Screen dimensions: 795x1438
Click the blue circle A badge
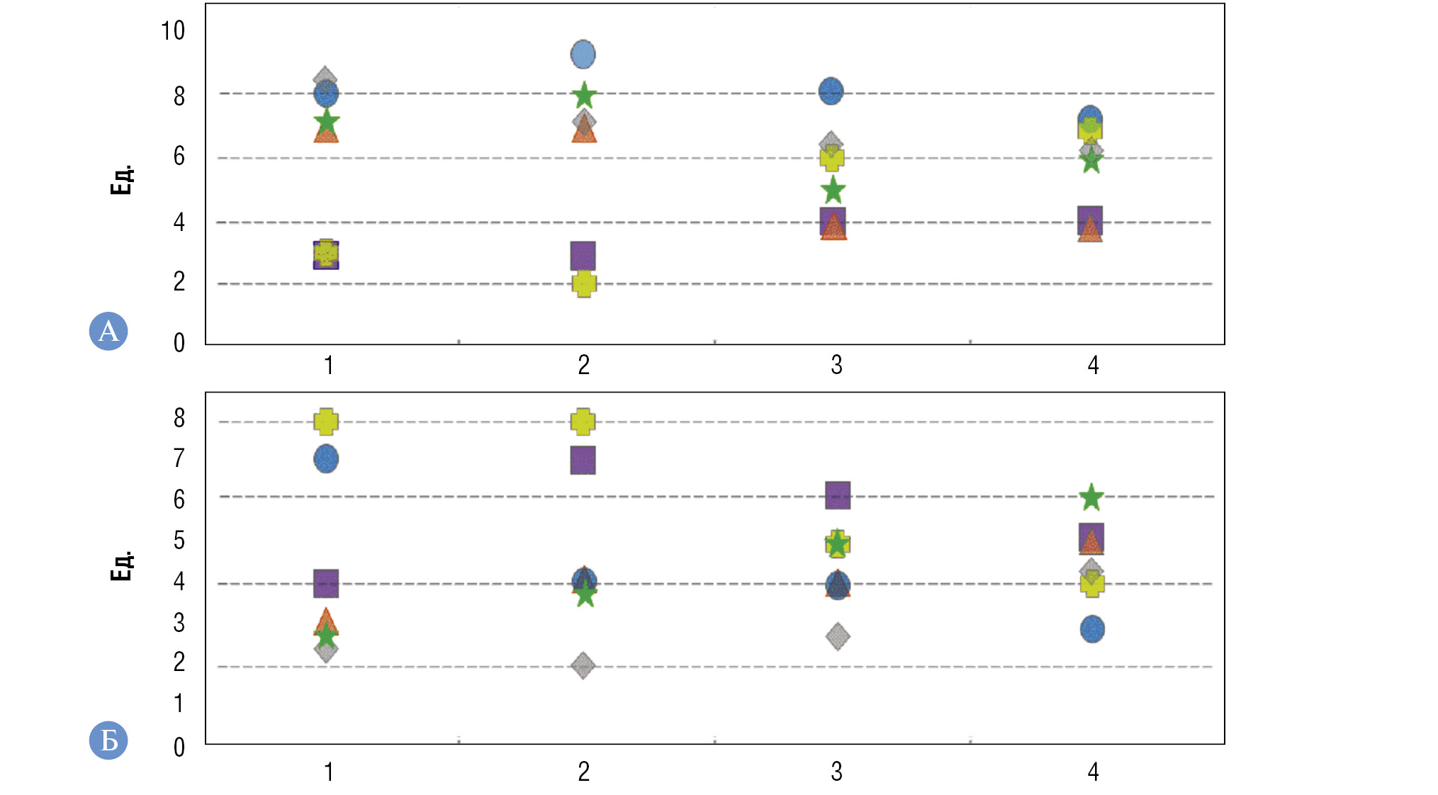click(108, 331)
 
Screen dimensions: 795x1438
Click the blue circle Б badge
click(108, 740)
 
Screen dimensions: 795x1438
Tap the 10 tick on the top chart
click(172, 30)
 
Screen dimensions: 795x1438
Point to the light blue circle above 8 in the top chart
click(583, 54)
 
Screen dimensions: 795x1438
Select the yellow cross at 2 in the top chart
click(584, 283)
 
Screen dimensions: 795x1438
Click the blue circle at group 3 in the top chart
click(831, 91)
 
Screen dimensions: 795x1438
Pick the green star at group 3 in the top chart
click(833, 190)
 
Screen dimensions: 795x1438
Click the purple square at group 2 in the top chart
click(583, 255)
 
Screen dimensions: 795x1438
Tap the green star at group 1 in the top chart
click(326, 122)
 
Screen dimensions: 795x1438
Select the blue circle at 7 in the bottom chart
click(326, 458)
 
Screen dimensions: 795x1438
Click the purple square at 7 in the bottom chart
click(583, 460)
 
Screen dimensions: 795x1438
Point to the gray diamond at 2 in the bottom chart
click(583, 665)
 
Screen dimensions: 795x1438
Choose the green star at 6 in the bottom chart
click(1091, 497)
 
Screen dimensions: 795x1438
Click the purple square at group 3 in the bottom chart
click(838, 495)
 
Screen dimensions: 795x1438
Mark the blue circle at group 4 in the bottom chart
click(1092, 628)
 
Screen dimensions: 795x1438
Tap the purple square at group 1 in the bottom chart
click(326, 583)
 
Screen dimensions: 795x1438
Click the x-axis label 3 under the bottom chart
click(836, 772)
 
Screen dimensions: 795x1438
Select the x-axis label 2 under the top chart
click(583, 365)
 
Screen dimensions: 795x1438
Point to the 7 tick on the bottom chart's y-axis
click(179, 458)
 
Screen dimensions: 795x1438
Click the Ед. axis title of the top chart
click(122, 180)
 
